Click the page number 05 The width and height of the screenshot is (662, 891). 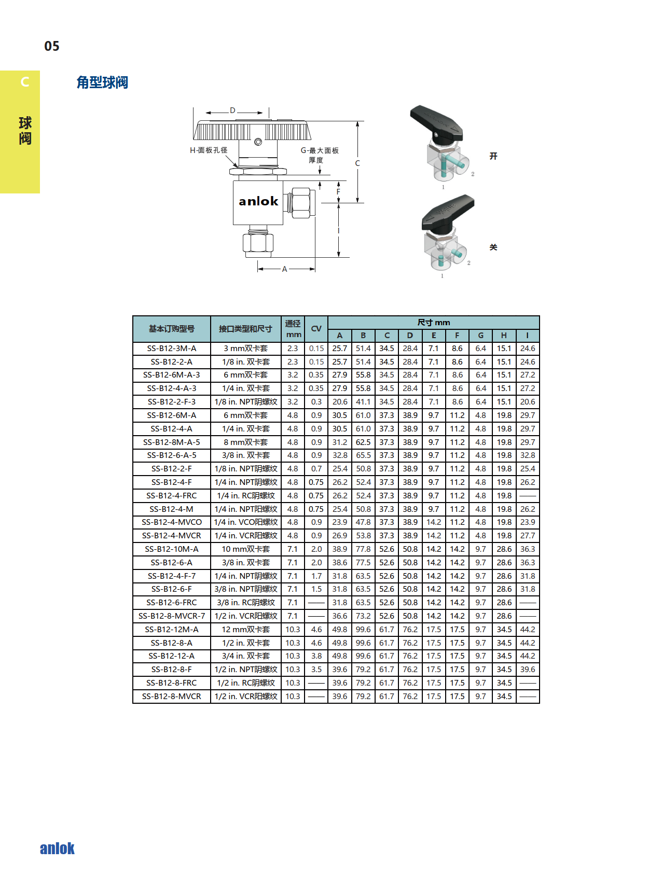52,46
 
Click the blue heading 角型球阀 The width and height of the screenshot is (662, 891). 102,82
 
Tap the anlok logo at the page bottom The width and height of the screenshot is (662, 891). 57,848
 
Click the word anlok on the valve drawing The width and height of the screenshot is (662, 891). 258,201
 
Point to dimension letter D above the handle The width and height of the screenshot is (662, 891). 232,110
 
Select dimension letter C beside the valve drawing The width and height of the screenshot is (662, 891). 357,163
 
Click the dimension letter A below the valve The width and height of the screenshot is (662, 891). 284,269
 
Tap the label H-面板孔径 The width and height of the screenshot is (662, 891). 209,150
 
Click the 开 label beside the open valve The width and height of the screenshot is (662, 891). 493,156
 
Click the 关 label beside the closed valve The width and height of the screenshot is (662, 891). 493,247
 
